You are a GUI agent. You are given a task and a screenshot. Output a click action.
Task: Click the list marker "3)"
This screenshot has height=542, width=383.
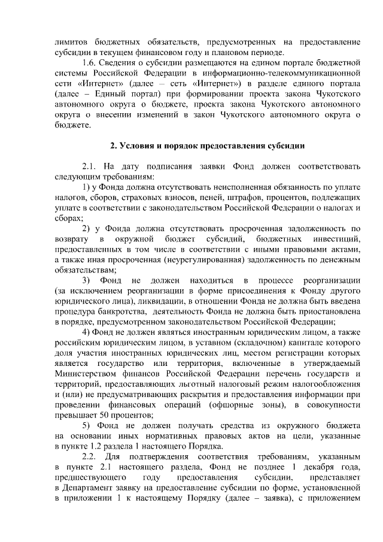tap(86, 281)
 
